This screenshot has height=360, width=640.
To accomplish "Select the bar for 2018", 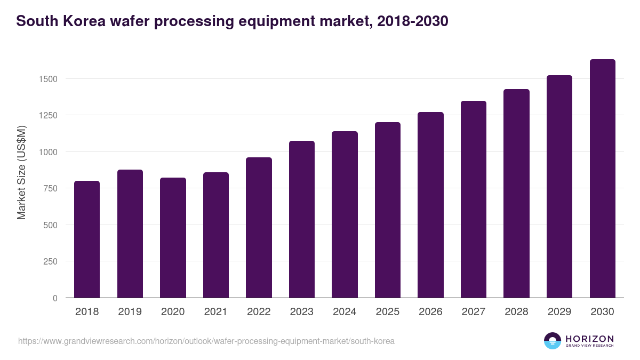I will coord(87,239).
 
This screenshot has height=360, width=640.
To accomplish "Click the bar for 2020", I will coord(173,238).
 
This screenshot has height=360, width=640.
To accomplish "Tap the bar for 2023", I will coord(302,219).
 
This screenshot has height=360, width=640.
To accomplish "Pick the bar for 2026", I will coord(430,205).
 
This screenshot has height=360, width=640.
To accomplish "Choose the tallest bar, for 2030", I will coord(602,179).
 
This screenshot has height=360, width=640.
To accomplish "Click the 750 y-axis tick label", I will coord(50,188).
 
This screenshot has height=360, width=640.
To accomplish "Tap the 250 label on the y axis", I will coord(50,261).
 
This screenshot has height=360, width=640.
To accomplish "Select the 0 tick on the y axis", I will coord(54,298).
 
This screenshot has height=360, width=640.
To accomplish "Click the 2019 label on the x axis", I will coord(130,312).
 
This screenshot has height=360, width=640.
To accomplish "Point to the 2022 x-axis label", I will coord(259,312).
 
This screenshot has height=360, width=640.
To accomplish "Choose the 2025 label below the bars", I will coord(388,312).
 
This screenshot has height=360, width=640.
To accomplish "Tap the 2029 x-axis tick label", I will coord(559,312).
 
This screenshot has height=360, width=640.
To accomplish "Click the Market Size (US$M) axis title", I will coord(21,173).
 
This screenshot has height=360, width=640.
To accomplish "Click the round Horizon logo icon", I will coord(553,341).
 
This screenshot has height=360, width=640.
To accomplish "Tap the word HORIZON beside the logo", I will coord(589,338).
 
